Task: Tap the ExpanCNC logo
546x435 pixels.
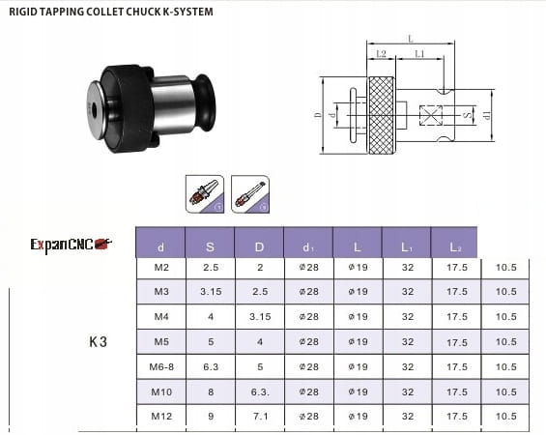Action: [x=72, y=245]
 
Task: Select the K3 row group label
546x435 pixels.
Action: [x=98, y=341]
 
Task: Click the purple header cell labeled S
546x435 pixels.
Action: [x=210, y=243]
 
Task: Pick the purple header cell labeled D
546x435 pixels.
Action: [x=259, y=243]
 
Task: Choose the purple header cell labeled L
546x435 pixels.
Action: [x=358, y=243]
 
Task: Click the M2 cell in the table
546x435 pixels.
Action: [x=161, y=268]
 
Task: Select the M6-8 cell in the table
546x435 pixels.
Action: [x=161, y=366]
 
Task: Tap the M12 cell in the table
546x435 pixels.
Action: [x=161, y=417]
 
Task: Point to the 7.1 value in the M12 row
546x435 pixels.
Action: [x=260, y=417]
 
